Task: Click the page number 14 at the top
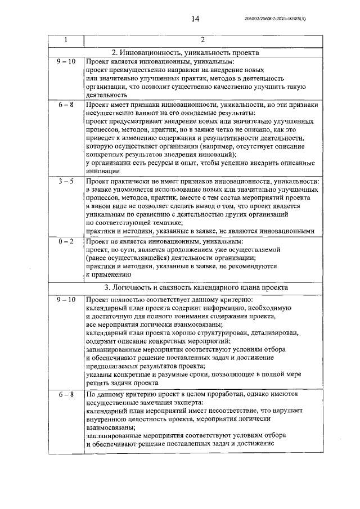(195, 19)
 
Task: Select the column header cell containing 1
(66, 40)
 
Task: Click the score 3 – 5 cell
(66, 182)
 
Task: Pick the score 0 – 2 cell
(66, 240)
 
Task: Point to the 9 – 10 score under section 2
(66, 61)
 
